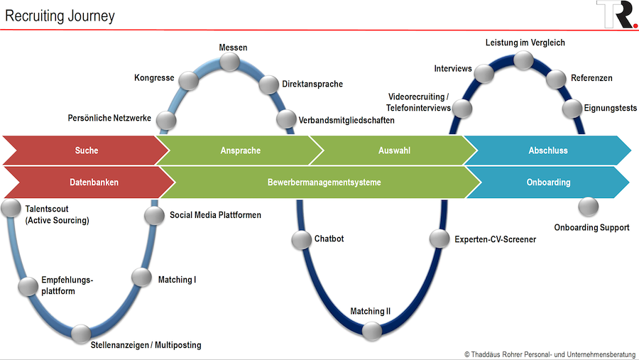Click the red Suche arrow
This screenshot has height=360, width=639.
(87, 151)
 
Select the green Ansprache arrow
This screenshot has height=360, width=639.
(241, 151)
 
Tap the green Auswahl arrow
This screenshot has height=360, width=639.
(394, 151)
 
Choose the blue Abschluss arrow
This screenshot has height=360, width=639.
(548, 151)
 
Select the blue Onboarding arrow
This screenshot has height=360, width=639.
(548, 182)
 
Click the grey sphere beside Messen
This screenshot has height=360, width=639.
(230, 62)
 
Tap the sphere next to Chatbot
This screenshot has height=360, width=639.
(302, 240)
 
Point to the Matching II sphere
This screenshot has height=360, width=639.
(371, 331)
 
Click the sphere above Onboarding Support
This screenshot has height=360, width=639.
(589, 207)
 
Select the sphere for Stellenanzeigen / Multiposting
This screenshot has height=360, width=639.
(81, 334)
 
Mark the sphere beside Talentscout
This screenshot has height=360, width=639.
(11, 208)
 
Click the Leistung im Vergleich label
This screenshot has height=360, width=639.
(525, 43)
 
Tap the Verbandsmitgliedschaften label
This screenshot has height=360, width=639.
(346, 120)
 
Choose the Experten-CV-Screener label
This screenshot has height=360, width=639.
(495, 239)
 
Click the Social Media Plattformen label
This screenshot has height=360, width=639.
(215, 215)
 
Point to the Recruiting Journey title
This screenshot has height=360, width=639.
(60, 16)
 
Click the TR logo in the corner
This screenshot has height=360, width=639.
(617, 14)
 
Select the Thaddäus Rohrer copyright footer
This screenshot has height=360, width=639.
(550, 354)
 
